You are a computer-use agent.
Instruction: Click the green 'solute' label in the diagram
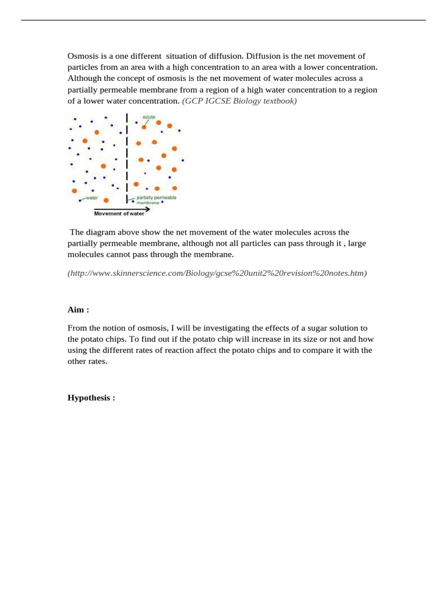point(149,117)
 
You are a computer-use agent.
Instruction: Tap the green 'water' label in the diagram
point(91,198)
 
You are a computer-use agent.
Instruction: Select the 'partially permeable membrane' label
point(155,200)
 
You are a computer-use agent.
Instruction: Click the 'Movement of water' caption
point(119,214)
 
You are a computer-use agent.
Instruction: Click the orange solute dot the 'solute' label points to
point(144,127)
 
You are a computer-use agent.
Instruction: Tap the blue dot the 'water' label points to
point(80,201)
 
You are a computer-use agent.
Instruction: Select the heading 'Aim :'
point(78,310)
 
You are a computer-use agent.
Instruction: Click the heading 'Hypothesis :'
point(91,398)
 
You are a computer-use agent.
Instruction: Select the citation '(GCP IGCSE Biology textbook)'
point(239,101)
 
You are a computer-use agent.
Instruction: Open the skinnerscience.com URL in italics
point(217,272)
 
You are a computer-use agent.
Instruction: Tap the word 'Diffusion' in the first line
point(263,56)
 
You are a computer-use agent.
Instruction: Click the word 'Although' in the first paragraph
point(85,78)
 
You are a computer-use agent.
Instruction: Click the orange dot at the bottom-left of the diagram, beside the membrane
point(106,200)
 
